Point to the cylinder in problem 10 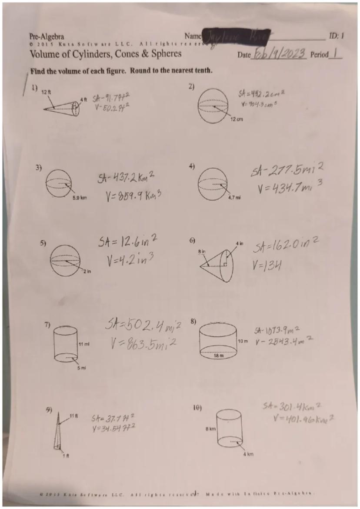click(x=230, y=428)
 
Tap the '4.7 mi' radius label click(x=233, y=196)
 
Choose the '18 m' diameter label click(x=218, y=356)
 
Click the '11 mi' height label click(x=83, y=344)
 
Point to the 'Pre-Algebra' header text click(x=46, y=37)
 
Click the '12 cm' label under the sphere click(x=237, y=119)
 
